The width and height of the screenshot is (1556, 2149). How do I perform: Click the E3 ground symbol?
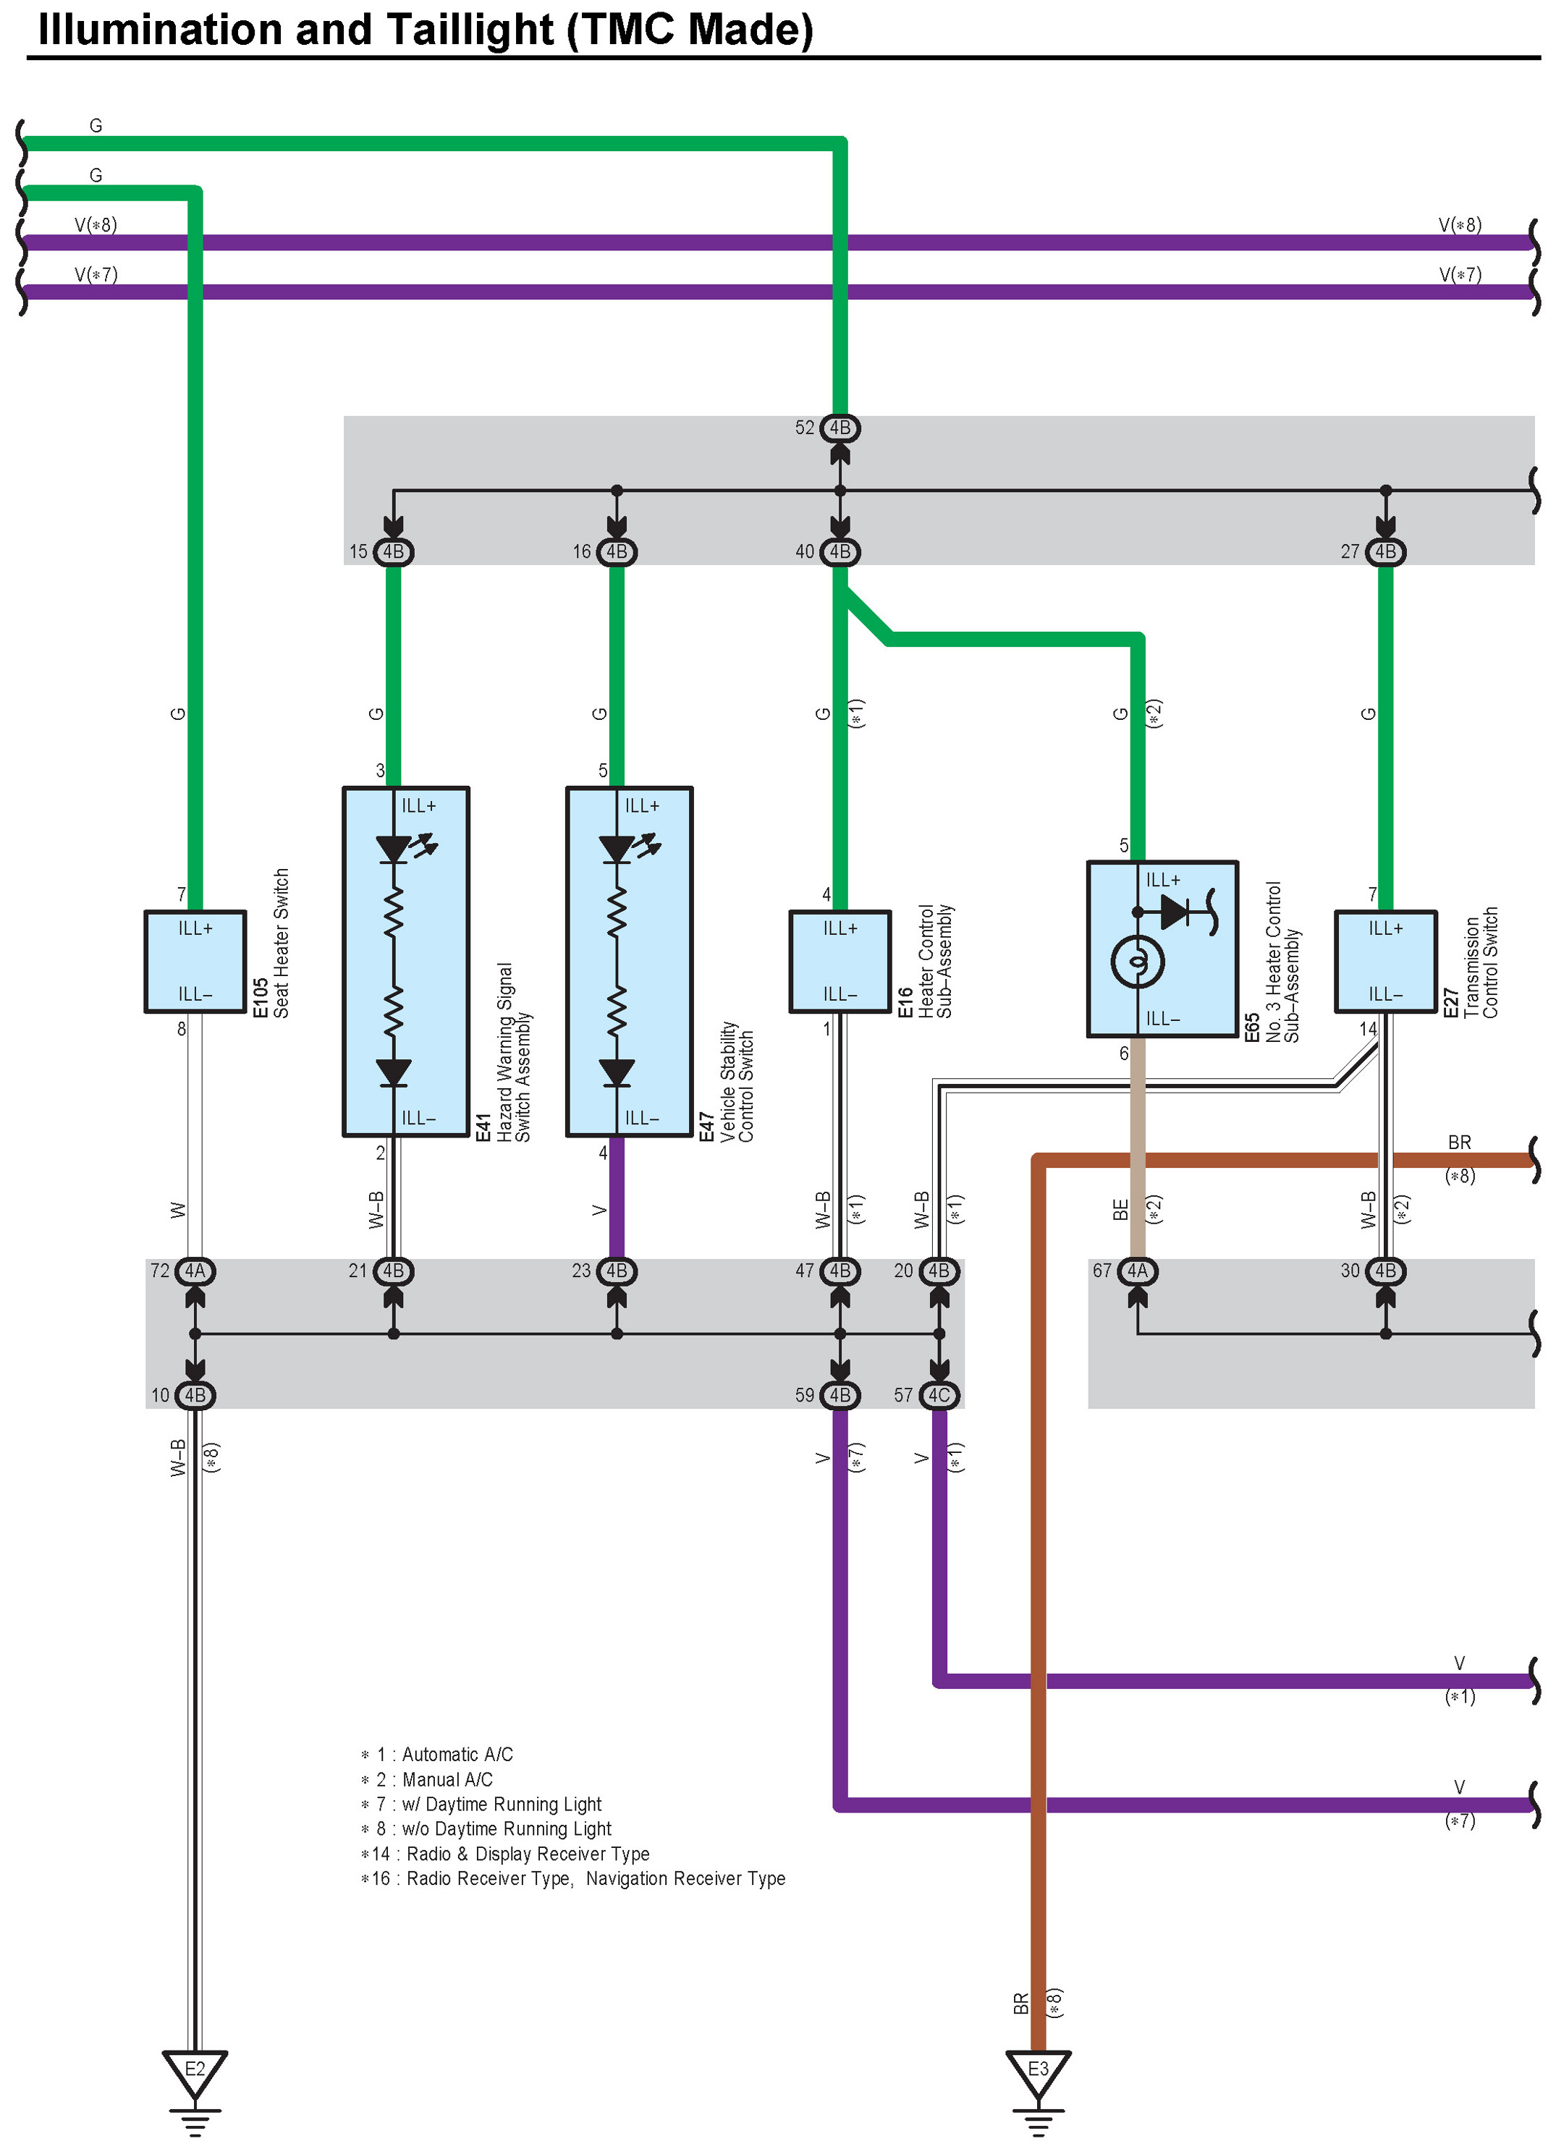click(x=1038, y=2072)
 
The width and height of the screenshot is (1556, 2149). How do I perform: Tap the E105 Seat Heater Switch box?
click(x=195, y=962)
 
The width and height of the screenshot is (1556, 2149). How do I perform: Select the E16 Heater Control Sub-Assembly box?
click(x=840, y=962)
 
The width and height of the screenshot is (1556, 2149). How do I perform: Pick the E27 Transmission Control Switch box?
click(x=1384, y=962)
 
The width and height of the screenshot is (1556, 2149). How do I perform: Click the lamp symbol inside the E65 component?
click(x=1137, y=962)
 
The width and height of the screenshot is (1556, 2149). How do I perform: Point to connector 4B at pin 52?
click(x=840, y=428)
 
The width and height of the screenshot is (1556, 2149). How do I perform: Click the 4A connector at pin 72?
click(x=195, y=1271)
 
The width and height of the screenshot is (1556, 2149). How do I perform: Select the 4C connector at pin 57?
click(x=939, y=1395)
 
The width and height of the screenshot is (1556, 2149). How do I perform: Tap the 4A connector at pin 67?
click(x=1137, y=1271)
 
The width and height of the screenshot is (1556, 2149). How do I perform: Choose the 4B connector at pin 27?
click(x=1384, y=551)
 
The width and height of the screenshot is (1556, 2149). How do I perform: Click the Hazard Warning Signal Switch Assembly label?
click(x=514, y=1052)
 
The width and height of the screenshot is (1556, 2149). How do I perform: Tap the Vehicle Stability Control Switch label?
click(x=737, y=1080)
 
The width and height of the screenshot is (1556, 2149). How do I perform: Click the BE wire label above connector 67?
click(x=1120, y=1210)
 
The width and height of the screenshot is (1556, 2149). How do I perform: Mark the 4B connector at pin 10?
click(x=195, y=1395)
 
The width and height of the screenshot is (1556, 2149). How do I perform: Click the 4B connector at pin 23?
click(x=617, y=1271)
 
